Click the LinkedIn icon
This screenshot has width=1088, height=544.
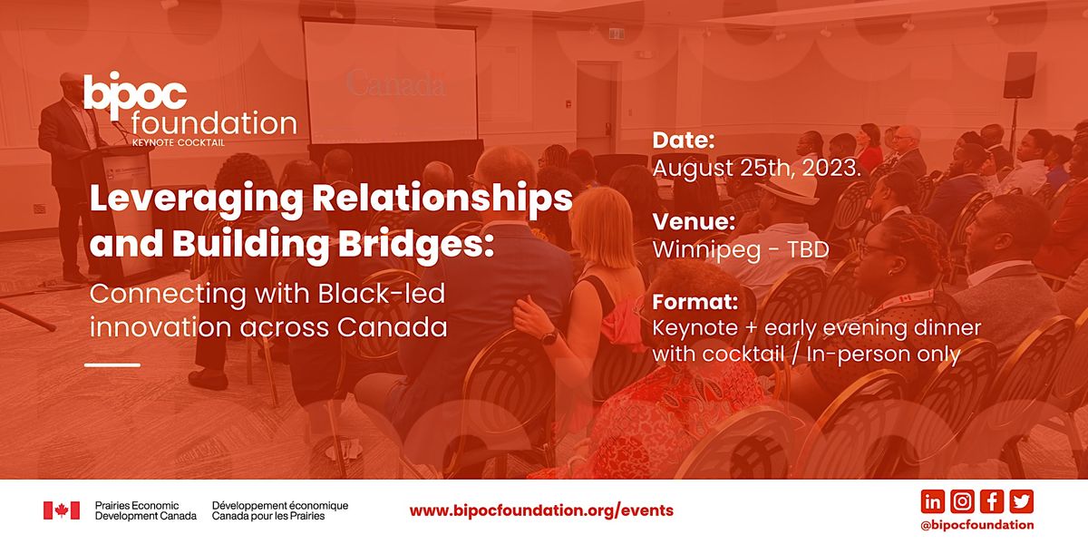tap(932, 501)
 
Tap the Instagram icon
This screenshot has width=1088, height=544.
tap(962, 501)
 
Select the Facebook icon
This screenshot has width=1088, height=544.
tap(992, 501)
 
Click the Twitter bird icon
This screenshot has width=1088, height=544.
tap(1022, 501)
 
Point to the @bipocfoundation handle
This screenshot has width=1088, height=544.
tap(976, 524)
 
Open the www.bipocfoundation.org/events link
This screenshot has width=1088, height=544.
tap(541, 510)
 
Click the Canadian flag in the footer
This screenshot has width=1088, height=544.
tap(62, 510)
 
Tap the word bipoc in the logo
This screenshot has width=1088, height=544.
tap(136, 93)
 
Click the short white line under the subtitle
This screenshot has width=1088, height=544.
tap(112, 364)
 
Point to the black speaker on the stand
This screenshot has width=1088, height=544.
tap(1020, 74)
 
